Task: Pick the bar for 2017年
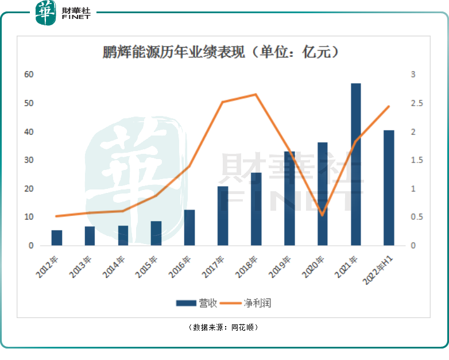pos(223,216)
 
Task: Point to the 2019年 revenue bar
pos(289,199)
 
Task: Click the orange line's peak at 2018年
pos(256,95)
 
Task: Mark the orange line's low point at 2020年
pos(322,215)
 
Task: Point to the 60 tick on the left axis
pos(29,75)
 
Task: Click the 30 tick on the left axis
pos(29,160)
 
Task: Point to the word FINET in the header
pos(75,17)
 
